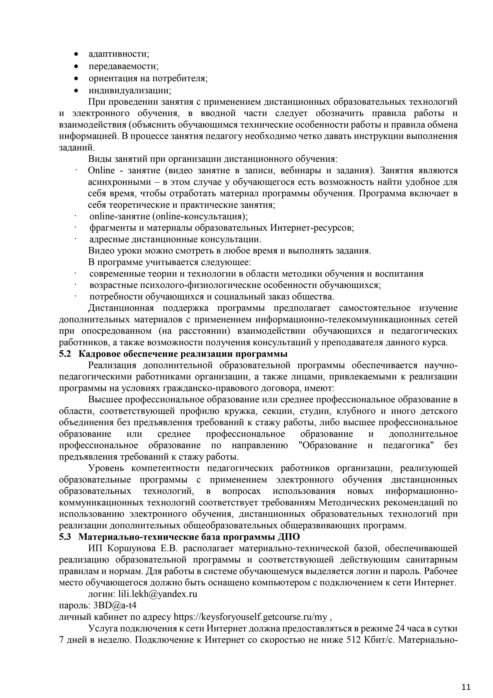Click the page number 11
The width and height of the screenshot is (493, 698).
pyautogui.click(x=466, y=679)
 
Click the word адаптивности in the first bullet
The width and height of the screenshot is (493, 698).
pyautogui.click(x=119, y=54)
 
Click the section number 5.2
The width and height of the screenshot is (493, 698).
pyautogui.click(x=65, y=354)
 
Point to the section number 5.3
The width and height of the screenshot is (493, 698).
pyautogui.click(x=65, y=537)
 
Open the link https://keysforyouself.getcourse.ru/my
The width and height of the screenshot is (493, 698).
pyautogui.click(x=250, y=617)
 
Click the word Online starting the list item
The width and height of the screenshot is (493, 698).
pyautogui.click(x=101, y=171)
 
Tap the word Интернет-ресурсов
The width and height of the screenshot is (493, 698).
pyautogui.click(x=312, y=228)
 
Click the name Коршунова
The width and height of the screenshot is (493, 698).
pyautogui.click(x=132, y=548)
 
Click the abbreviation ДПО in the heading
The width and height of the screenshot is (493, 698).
pyautogui.click(x=289, y=537)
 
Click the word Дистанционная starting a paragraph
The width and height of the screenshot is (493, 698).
pyautogui.click(x=121, y=308)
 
